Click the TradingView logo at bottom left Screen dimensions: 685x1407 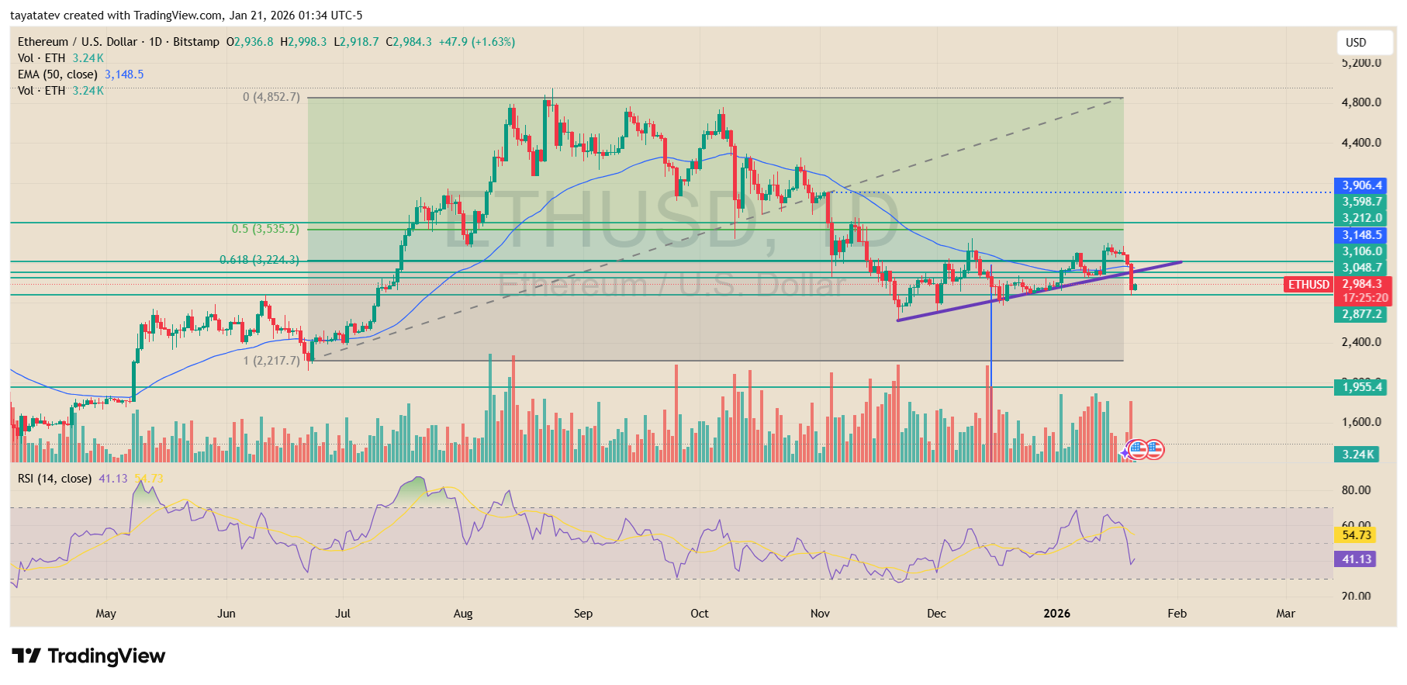tap(88, 656)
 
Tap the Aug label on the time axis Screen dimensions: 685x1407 tap(463, 614)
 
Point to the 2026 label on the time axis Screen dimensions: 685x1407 tap(1056, 614)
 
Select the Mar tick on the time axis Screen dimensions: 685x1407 tap(1285, 614)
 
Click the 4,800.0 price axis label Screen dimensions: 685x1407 tap(1361, 102)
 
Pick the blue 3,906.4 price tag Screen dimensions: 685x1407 tap(1362, 185)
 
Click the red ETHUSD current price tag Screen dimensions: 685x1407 tap(1309, 285)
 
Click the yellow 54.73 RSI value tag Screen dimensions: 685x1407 tap(1357, 535)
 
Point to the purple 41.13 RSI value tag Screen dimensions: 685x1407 tap(1357, 559)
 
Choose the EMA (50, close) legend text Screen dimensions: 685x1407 tap(58, 74)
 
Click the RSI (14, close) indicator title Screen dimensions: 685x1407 tap(54, 479)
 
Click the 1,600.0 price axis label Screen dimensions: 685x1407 tap(1361, 422)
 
